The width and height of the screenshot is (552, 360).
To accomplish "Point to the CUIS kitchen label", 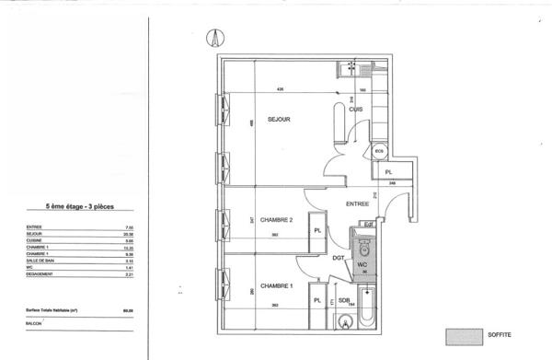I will (x=356, y=110).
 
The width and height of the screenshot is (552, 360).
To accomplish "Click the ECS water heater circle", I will (x=379, y=151).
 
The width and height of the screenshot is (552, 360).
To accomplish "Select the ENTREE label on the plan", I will (x=358, y=203).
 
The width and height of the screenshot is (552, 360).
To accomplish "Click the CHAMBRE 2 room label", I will (x=276, y=219).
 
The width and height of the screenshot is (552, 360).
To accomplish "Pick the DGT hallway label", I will (x=339, y=258).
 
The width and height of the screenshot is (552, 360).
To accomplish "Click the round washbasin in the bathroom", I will (x=345, y=321).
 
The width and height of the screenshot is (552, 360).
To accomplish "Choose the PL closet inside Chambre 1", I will (x=316, y=301).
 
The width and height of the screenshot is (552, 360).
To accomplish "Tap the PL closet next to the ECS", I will (x=388, y=172).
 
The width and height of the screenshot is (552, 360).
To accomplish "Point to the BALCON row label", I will (x=34, y=323).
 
